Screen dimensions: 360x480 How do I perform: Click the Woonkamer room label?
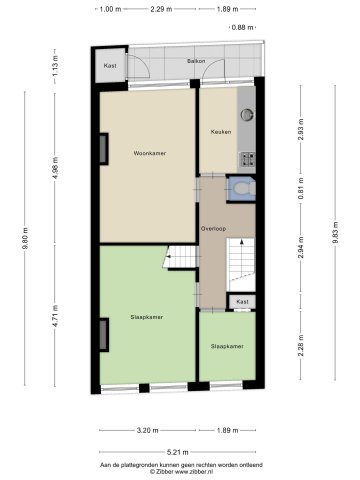pyautogui.click(x=150, y=153)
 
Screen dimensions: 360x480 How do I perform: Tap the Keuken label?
pyautogui.click(x=221, y=132)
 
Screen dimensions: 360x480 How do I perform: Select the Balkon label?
pyautogui.click(x=196, y=61)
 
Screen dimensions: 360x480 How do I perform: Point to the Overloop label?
pyautogui.click(x=213, y=229)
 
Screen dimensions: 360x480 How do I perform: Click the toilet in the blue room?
pyautogui.click(x=242, y=188)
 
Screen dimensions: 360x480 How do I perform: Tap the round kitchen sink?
pyautogui.click(x=247, y=114)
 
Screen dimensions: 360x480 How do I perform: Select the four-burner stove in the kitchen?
pyautogui.click(x=248, y=159)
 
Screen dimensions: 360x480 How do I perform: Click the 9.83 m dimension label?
pyautogui.click(x=336, y=233)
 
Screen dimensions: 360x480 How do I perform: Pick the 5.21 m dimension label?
pyautogui.click(x=177, y=452)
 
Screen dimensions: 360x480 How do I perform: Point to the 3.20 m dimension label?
pyautogui.click(x=147, y=430)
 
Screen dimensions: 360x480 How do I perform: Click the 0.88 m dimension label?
pyautogui.click(x=243, y=27)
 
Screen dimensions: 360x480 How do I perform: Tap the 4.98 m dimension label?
pyautogui.click(x=55, y=168)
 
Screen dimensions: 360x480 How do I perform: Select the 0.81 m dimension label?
pyautogui.click(x=301, y=189)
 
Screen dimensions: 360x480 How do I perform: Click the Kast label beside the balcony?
pyautogui.click(x=110, y=66)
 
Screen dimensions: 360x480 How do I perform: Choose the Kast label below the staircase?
pyautogui.click(x=242, y=302)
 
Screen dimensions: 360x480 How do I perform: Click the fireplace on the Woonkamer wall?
pyautogui.click(x=104, y=149)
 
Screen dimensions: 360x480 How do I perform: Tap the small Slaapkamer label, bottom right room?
pyautogui.click(x=227, y=346)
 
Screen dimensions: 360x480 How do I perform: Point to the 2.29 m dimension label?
pyautogui.click(x=161, y=9)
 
